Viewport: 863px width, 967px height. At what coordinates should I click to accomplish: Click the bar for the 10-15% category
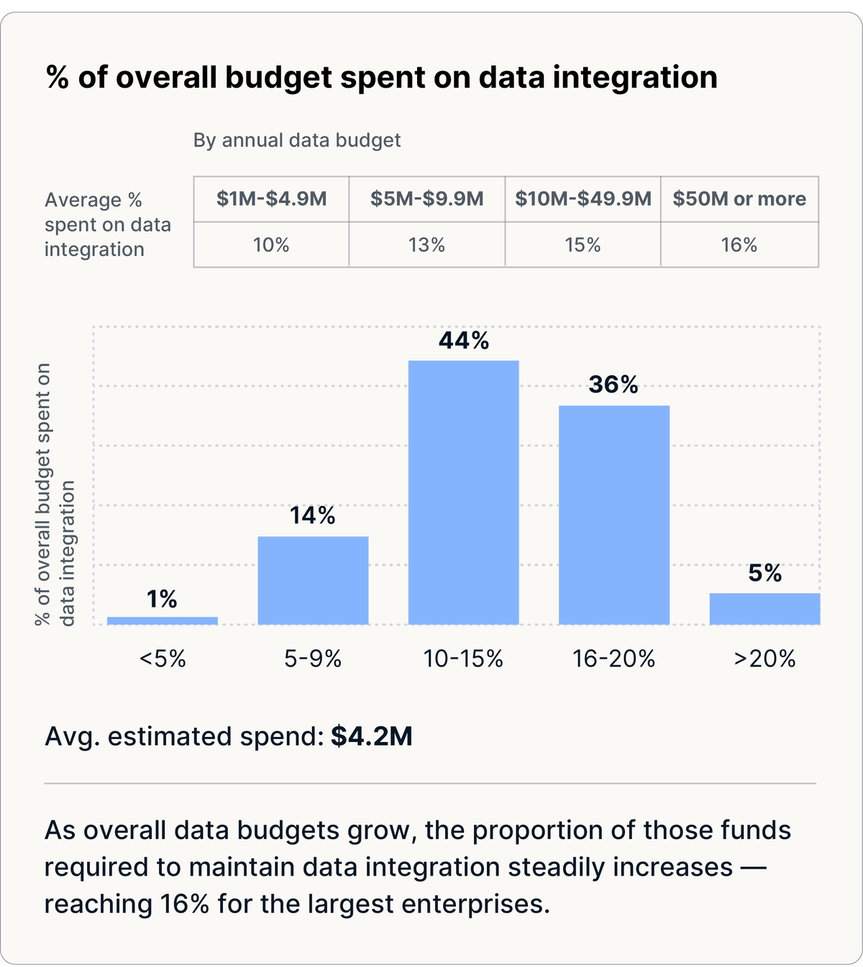463,492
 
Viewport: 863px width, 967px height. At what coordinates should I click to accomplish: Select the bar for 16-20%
614,515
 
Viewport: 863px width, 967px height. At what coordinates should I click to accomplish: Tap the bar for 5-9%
313,580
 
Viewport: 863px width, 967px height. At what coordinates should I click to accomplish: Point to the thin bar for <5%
163,620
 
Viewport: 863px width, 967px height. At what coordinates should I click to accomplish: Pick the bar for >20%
764,608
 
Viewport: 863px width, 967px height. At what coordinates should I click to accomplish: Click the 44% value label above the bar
464,340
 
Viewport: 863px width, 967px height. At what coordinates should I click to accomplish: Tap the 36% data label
613,384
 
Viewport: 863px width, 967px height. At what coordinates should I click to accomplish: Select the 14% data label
312,515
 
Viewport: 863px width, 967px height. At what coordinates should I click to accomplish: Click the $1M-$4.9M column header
271,198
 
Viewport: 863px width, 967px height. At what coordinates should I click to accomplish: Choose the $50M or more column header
739,198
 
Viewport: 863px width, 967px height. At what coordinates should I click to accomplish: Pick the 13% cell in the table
426,245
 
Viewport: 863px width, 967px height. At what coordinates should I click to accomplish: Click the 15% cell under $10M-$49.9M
583,245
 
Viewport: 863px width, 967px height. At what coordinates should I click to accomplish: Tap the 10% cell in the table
271,245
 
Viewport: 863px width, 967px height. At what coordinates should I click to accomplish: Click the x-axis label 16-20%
613,659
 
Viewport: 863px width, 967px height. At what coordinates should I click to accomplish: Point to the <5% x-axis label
163,659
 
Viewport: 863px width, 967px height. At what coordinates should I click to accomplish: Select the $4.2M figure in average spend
372,736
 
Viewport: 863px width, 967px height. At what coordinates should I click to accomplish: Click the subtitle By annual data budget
296,140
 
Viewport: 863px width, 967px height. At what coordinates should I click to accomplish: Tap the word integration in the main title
635,78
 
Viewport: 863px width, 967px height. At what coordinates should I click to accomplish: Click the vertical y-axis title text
55,494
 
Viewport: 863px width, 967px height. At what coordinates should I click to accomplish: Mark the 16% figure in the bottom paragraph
184,904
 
